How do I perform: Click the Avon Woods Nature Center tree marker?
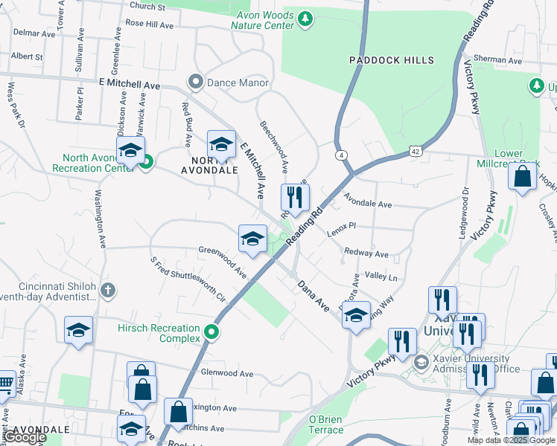coord(304,19)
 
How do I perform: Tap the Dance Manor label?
coord(237,83)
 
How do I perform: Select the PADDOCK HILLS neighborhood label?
coord(381,59)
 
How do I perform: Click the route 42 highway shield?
coord(416,152)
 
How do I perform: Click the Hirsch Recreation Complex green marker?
coord(212,332)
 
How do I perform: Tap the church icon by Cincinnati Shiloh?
coord(108,289)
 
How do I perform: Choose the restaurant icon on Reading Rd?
coord(294,197)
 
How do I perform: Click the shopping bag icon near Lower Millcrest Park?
coord(523,176)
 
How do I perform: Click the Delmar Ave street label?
coord(34,34)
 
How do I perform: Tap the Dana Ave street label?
coord(313,295)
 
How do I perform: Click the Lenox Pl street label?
coord(342,230)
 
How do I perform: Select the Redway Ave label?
coord(366,254)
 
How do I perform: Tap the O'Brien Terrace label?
coord(325,424)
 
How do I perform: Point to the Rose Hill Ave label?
coord(149,24)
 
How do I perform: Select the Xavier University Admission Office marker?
coord(421,362)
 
